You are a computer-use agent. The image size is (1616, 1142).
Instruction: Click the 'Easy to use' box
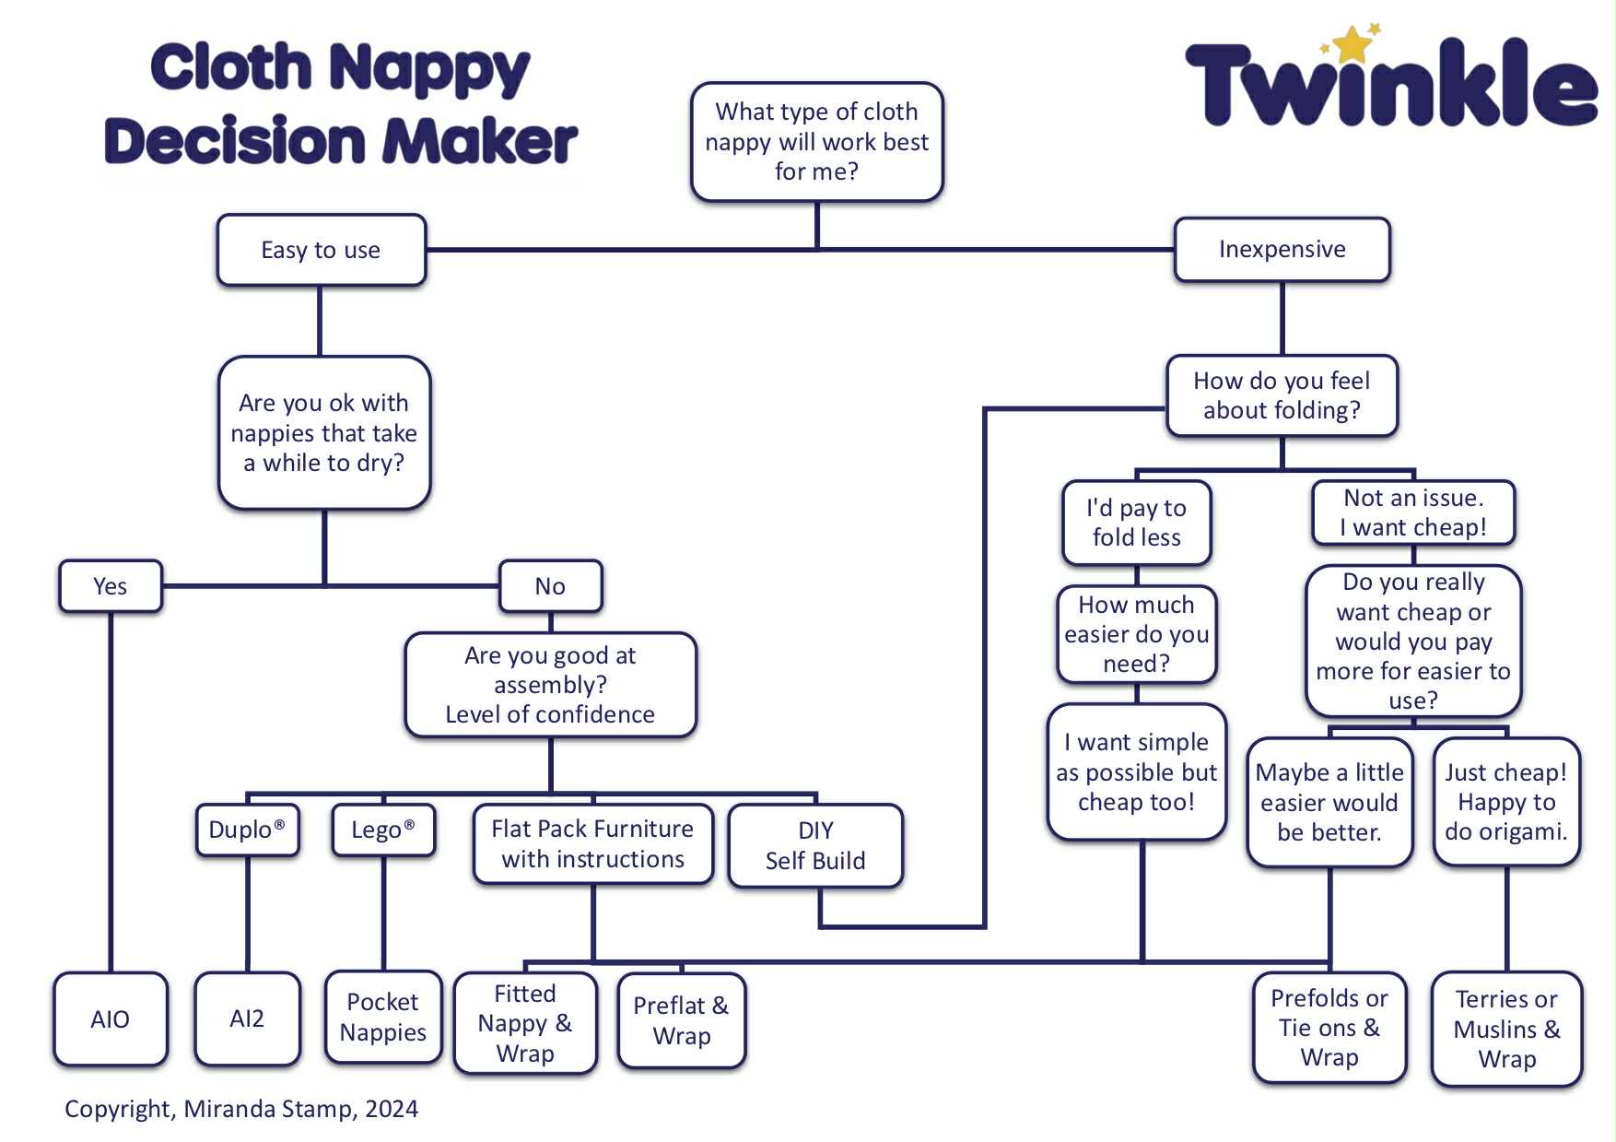point(321,251)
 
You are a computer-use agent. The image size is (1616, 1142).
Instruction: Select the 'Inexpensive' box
point(1282,250)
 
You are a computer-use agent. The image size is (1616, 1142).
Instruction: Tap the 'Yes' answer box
point(111,586)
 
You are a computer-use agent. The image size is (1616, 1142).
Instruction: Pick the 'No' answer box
point(550,586)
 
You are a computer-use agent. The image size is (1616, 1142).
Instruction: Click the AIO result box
point(111,1018)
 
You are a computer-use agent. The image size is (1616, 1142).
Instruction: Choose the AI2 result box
point(247,1018)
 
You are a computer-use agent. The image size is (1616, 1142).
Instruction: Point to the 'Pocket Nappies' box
point(383,1017)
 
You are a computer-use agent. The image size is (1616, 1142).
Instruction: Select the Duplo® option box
point(247,830)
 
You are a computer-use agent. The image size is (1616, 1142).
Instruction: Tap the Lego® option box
point(383,830)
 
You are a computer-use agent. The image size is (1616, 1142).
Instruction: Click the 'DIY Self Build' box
point(815,845)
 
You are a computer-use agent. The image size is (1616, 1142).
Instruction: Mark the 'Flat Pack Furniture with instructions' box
point(592,843)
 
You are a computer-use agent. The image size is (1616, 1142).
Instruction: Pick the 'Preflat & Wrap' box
point(681,1020)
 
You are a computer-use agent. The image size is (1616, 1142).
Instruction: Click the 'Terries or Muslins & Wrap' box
point(1506,1029)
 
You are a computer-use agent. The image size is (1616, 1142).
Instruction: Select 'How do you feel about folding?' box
point(1282,395)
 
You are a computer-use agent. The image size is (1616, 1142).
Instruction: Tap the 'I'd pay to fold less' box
point(1136,523)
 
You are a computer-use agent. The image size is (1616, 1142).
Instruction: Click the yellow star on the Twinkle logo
point(1352,44)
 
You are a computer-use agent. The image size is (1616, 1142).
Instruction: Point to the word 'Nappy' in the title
point(429,69)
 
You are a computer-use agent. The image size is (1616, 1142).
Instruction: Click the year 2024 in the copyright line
point(392,1109)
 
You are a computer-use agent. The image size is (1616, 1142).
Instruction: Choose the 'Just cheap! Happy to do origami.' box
point(1506,802)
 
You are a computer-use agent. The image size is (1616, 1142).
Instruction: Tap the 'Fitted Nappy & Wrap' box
point(525,1023)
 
